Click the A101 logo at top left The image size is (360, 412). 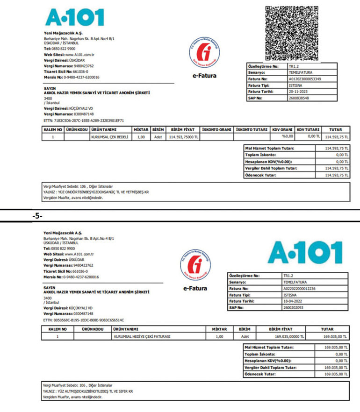click(x=74, y=17)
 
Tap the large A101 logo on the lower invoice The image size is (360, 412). click(x=305, y=253)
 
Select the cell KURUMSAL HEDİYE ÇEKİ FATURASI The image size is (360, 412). click(x=142, y=335)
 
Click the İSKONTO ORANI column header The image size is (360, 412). click(x=216, y=129)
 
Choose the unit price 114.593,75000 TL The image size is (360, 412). click(x=183, y=137)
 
